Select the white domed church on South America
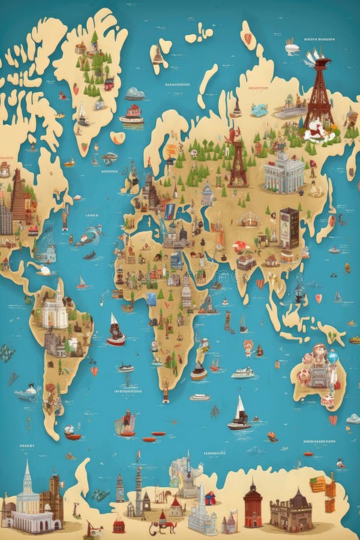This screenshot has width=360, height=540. click(x=55, y=309)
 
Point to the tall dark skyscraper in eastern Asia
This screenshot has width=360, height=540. click(x=289, y=228)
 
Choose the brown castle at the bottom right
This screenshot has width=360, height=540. click(x=291, y=511)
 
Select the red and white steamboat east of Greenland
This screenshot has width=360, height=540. click(x=132, y=115)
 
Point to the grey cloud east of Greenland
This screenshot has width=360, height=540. click(x=135, y=94)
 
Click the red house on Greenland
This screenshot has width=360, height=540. click(x=109, y=83)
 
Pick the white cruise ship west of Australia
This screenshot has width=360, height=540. click(x=243, y=373)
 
